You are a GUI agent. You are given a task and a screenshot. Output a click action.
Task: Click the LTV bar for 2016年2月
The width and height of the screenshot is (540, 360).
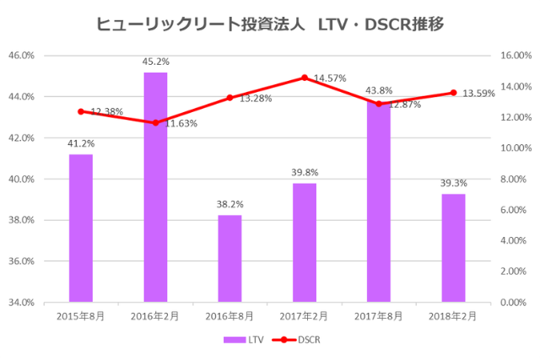click(155, 187)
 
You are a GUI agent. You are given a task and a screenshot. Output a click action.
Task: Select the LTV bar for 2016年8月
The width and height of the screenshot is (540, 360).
click(229, 258)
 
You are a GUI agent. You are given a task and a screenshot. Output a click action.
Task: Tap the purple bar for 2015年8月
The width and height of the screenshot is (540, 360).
click(81, 228)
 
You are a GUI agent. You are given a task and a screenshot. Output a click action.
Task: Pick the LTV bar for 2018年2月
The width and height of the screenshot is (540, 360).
click(453, 248)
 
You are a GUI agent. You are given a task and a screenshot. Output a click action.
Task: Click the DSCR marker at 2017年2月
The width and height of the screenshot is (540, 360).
click(305, 78)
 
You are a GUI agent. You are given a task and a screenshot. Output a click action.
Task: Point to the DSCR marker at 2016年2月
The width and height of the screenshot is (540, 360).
click(155, 123)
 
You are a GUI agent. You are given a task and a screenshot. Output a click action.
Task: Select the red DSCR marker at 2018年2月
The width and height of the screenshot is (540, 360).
click(453, 93)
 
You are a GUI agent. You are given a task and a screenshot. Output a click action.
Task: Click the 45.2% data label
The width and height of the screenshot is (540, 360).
click(155, 62)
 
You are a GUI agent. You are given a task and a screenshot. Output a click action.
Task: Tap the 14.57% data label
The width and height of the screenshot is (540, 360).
click(331, 78)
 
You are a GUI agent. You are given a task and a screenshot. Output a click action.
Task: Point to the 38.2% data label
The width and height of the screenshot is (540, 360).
click(229, 204)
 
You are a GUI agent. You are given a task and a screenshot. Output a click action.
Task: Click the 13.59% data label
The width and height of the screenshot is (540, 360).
click(479, 94)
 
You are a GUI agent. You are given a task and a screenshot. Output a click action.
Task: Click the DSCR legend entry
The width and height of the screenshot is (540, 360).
click(297, 340)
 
